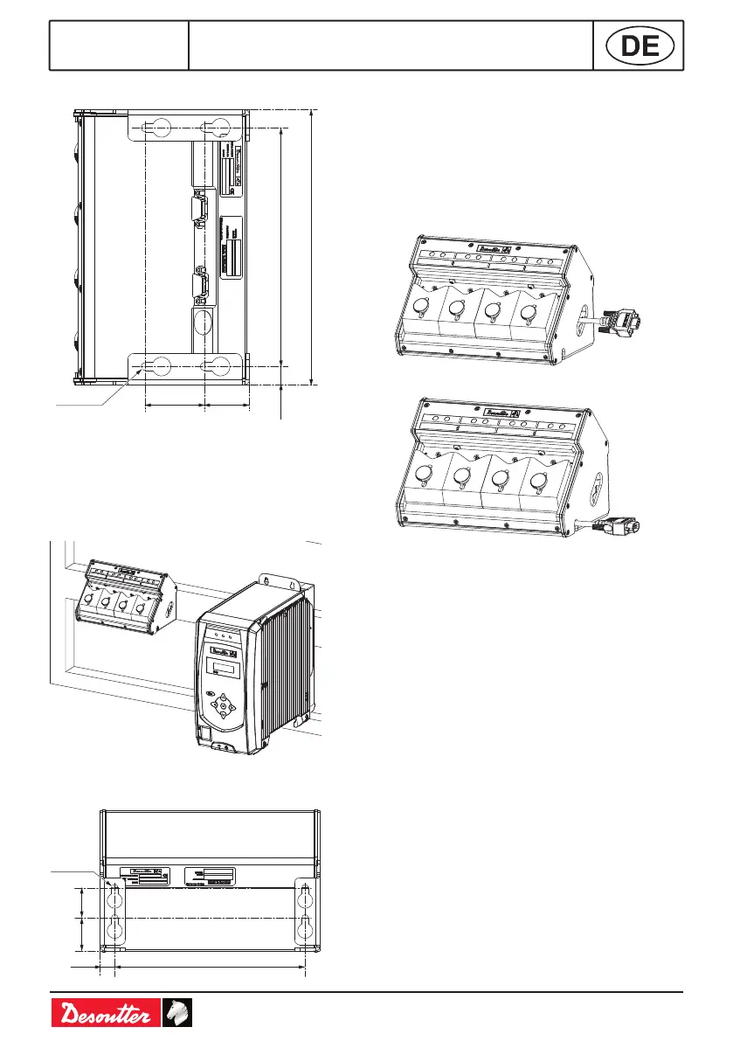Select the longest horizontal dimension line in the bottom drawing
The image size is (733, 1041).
pos(210,968)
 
